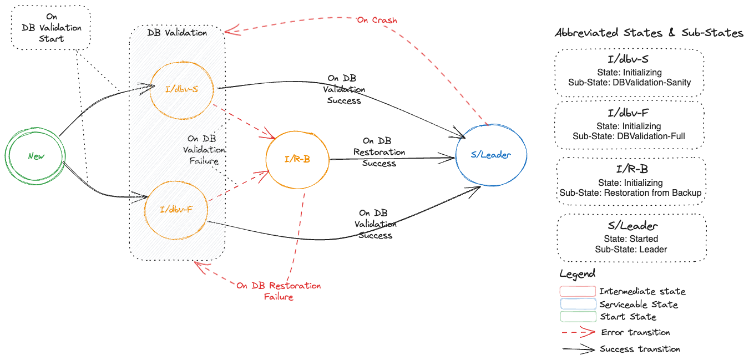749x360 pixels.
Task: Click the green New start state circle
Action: coord(36,156)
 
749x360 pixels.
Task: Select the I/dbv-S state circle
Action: coord(181,90)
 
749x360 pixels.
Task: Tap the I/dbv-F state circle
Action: coord(175,210)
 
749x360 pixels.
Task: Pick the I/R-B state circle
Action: coord(297,159)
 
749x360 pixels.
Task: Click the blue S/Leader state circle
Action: coord(490,155)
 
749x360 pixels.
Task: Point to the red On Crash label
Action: coord(377,21)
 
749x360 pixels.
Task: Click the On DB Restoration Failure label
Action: coord(279,291)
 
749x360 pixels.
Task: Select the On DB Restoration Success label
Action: coord(379,153)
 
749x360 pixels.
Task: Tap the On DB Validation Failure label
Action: coord(204,150)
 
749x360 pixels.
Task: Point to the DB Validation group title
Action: coord(177,33)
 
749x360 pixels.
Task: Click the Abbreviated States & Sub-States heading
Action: coord(649,33)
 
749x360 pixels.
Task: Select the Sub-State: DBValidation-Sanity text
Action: coord(629,83)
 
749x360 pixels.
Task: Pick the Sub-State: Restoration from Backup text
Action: coord(630,193)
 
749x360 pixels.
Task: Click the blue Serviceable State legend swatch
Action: coord(577,305)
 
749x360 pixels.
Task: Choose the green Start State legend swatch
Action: coord(577,317)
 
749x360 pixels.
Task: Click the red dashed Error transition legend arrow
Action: coord(577,333)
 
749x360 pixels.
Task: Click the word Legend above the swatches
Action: coord(577,274)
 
